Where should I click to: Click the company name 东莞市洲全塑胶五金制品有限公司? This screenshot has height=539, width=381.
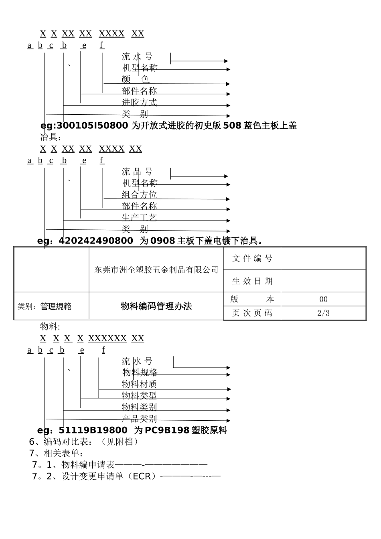pyautogui.click(x=156, y=270)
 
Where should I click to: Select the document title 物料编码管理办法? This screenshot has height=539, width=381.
pyautogui.click(x=156, y=306)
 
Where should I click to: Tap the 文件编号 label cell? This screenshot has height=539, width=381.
pyautogui.click(x=252, y=259)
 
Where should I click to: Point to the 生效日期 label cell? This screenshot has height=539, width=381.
pyautogui.click(x=252, y=282)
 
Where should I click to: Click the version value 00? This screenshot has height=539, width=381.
pyautogui.click(x=323, y=300)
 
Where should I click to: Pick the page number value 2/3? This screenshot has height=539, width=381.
pyautogui.click(x=323, y=313)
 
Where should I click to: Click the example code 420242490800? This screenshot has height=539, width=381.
pyautogui.click(x=96, y=241)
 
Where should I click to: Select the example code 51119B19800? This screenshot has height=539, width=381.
pyautogui.click(x=93, y=431)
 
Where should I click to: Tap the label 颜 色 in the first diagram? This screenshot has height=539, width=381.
pyautogui.click(x=136, y=80)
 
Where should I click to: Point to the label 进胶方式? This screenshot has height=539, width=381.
pyautogui.click(x=139, y=103)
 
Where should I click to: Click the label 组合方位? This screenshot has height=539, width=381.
pyautogui.click(x=139, y=195)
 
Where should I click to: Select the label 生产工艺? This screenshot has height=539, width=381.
pyautogui.click(x=139, y=218)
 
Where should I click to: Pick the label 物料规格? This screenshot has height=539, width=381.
pyautogui.click(x=140, y=373)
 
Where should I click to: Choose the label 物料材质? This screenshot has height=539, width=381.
pyautogui.click(x=139, y=384)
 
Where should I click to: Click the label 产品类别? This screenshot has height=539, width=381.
pyautogui.click(x=139, y=419)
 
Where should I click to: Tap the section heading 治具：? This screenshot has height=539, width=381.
pyautogui.click(x=51, y=138)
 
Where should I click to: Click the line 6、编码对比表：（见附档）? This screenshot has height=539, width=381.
pyautogui.click(x=85, y=442)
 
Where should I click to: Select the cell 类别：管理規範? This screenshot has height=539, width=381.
pyautogui.click(x=45, y=307)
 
